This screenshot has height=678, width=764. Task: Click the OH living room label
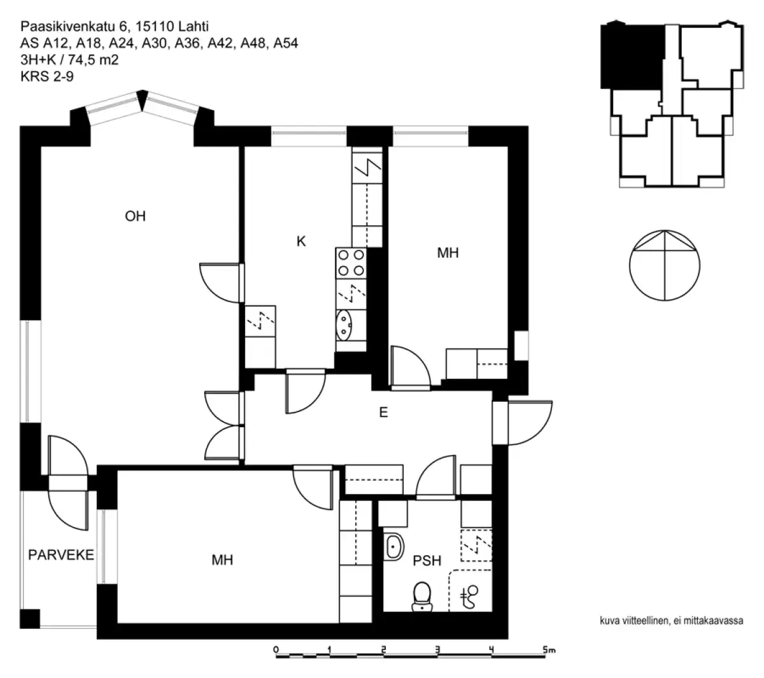pos(135,216)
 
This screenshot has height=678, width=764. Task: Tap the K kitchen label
pos(301,241)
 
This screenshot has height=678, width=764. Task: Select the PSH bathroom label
pos(427,561)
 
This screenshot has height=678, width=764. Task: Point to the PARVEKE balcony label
pos(61,554)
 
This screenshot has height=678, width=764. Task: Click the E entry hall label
pos(383,413)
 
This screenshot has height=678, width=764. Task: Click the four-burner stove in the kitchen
pos(351,263)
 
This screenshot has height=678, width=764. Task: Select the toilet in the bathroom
pos(421,597)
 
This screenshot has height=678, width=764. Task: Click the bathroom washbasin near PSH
pos(393,546)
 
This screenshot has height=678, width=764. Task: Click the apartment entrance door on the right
pos(528,423)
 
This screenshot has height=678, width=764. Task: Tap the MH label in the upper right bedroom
pos(448,253)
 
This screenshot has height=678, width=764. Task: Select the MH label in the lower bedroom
pos(222,560)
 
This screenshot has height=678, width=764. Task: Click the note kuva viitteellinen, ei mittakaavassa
pos(672,621)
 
